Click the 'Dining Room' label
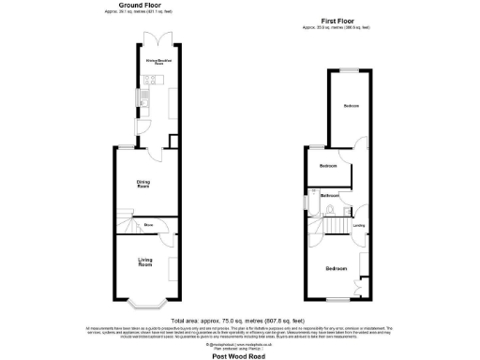[144, 185]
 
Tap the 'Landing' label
[358, 226]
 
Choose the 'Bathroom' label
[331, 195]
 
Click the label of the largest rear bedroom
[351, 106]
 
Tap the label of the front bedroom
[337, 269]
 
